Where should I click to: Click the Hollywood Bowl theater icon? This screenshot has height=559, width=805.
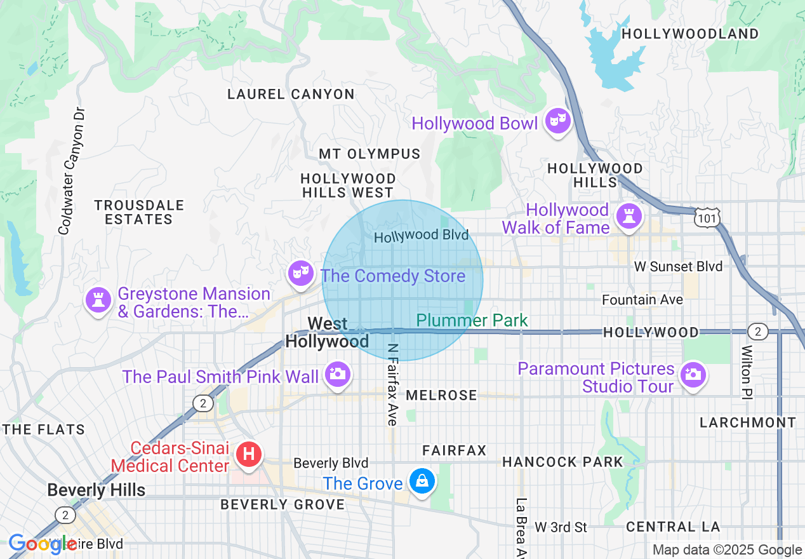557,121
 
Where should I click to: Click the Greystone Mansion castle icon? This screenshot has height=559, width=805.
98,300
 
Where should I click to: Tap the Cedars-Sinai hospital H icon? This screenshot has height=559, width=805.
248,454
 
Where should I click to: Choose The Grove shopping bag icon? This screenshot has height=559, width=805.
422,481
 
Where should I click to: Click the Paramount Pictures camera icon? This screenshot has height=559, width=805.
693,374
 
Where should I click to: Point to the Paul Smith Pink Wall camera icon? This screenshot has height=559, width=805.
337,374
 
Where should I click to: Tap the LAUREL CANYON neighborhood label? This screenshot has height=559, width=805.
291,95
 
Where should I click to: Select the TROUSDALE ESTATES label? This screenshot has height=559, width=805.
139,212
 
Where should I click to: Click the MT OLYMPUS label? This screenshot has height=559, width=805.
369,154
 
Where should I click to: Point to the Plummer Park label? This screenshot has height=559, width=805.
472,320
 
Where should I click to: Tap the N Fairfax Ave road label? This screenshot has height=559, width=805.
392,384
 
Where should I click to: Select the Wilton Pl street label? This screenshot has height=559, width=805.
747,372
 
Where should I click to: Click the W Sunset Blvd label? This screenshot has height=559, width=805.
678,266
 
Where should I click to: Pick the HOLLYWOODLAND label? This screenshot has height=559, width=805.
690,34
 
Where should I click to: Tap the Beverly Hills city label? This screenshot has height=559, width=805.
96,490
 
